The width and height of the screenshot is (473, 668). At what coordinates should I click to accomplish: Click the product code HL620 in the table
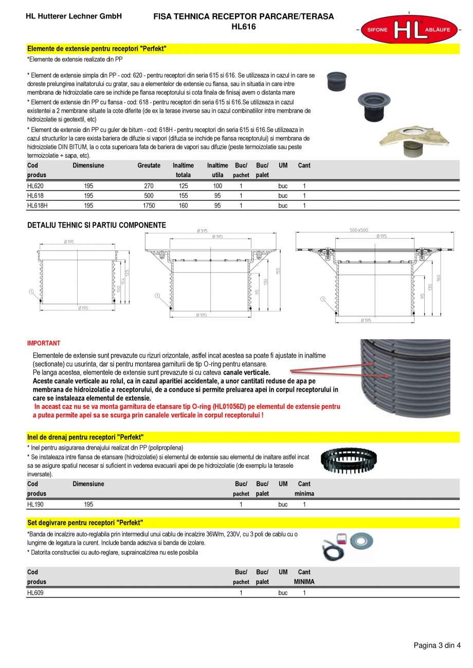coord(35,186)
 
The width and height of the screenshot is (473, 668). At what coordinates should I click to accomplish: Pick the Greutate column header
coord(149,165)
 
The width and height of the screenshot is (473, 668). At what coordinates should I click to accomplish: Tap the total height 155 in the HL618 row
coord(183,196)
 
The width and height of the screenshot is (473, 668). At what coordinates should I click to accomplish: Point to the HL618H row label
coord(37,206)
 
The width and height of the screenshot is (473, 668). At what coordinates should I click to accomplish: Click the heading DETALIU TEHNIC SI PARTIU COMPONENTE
coord(96,225)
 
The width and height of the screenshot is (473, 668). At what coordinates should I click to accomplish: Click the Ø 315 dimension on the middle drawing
coord(202,231)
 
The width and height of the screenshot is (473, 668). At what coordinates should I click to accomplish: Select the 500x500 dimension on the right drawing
coord(359,230)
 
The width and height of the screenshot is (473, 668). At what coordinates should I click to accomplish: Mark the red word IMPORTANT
coord(44,343)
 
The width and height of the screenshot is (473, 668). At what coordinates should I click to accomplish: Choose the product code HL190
coord(35,505)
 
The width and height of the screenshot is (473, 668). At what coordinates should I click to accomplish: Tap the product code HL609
coord(35,592)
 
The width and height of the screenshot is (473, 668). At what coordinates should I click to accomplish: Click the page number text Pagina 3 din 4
coord(437,646)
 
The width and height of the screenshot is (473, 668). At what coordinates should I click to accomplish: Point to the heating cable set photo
coord(347,545)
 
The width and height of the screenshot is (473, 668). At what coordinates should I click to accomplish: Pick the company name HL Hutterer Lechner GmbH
coord(74,16)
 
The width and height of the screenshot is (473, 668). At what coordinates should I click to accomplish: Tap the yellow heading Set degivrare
coord(85,523)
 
